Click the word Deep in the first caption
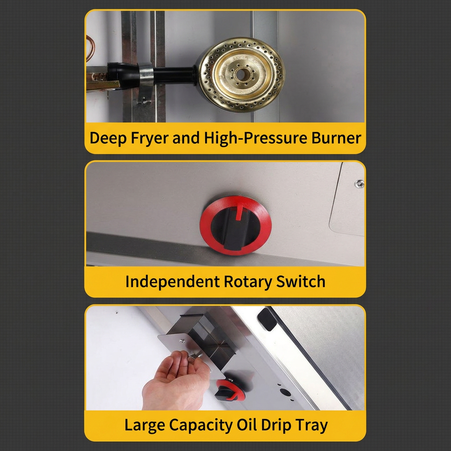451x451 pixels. coord(108,138)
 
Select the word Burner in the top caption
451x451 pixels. coord(336,138)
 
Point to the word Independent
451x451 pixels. coord(172,281)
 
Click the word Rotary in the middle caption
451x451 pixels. coord(248,282)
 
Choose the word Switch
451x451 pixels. coord(301,281)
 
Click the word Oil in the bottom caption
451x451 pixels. coord(247,425)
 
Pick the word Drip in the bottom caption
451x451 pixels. coord(276,426)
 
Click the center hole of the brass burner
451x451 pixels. coord(241,75)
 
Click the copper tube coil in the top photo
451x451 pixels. coord(90,47)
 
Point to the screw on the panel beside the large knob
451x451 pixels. coord(359,184)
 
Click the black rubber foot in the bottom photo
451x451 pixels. coord(267,319)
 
